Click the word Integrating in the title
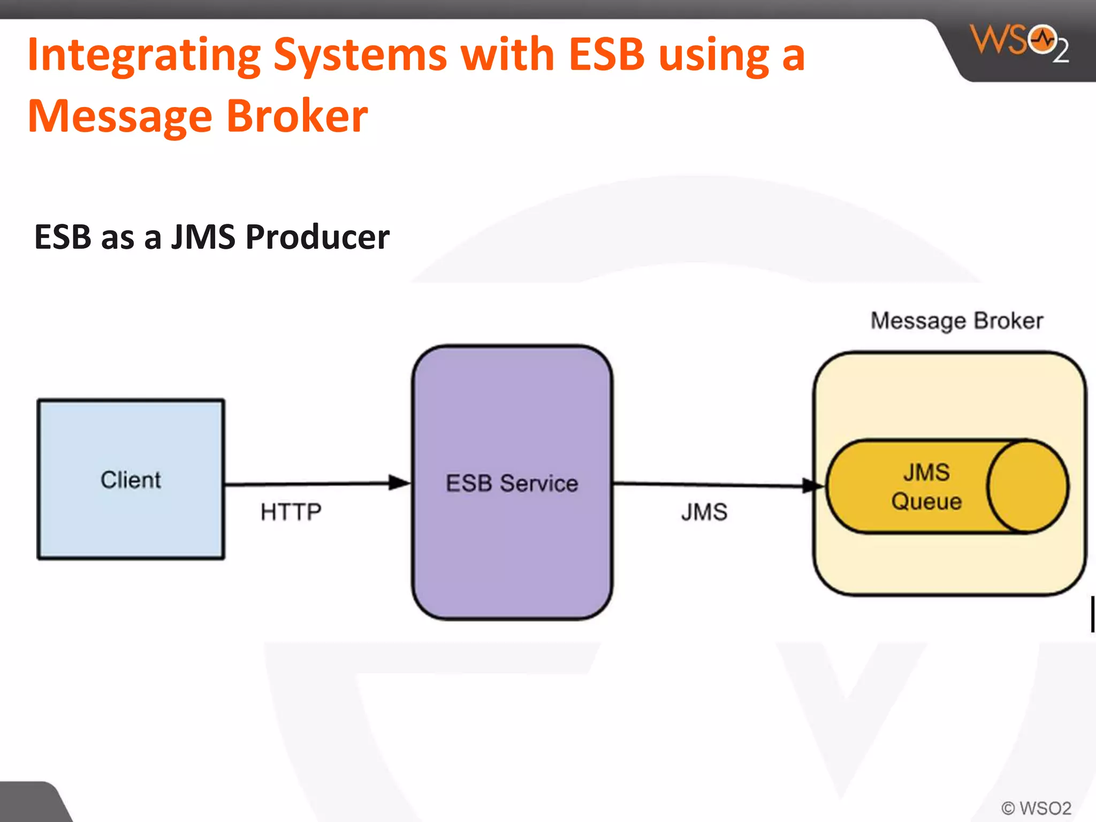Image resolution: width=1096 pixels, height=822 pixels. click(144, 55)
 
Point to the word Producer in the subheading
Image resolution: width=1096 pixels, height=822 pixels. click(317, 237)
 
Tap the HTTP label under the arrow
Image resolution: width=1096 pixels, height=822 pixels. click(291, 512)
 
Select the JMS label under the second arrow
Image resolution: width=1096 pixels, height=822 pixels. click(704, 512)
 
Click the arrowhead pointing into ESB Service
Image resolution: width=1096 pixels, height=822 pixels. click(399, 482)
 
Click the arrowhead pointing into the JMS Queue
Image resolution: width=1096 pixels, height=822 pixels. click(812, 485)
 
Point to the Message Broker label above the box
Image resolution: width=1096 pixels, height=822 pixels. click(957, 321)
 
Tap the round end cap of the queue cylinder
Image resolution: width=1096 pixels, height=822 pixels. click(1027, 486)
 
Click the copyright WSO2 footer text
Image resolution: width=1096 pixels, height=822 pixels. click(1036, 808)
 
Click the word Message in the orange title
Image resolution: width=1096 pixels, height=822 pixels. click(120, 117)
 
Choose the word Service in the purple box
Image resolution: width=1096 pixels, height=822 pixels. click(539, 483)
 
